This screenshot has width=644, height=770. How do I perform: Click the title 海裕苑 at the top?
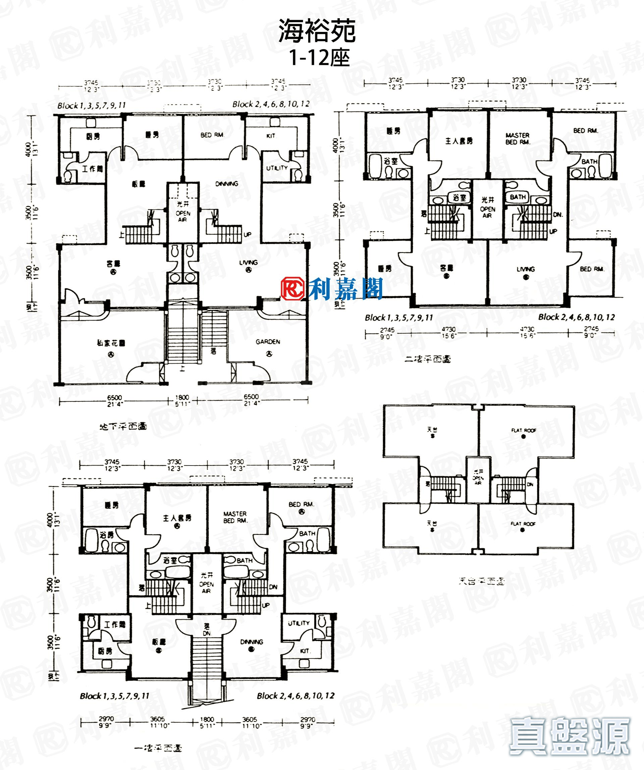click(x=317, y=31)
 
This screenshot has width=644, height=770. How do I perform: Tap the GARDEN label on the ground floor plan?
click(x=268, y=342)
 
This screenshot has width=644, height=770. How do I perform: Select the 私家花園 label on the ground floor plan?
click(x=111, y=343)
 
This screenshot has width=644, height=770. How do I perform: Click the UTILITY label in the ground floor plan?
click(x=277, y=168)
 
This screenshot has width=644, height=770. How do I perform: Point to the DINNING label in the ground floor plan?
click(x=227, y=184)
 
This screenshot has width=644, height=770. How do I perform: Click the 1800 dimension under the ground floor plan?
click(x=182, y=397)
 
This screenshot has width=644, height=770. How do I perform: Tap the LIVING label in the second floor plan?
click(x=526, y=269)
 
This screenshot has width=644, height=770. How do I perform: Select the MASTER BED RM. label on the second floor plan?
click(x=517, y=139)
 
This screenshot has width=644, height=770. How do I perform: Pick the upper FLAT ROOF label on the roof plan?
click(x=524, y=430)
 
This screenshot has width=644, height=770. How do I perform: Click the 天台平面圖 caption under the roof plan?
click(x=481, y=581)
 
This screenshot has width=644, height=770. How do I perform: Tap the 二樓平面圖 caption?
click(x=428, y=359)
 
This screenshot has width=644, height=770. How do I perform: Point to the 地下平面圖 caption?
click(x=123, y=426)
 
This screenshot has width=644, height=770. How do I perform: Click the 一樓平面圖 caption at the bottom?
click(x=158, y=748)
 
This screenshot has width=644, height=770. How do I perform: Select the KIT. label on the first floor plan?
click(x=305, y=651)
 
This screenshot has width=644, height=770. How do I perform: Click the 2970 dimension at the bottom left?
click(x=106, y=719)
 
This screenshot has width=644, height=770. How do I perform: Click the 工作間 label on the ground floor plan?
click(x=92, y=169)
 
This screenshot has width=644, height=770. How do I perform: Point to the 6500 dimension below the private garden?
click(x=114, y=398)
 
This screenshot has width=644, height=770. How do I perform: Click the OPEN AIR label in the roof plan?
click(x=478, y=478)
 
